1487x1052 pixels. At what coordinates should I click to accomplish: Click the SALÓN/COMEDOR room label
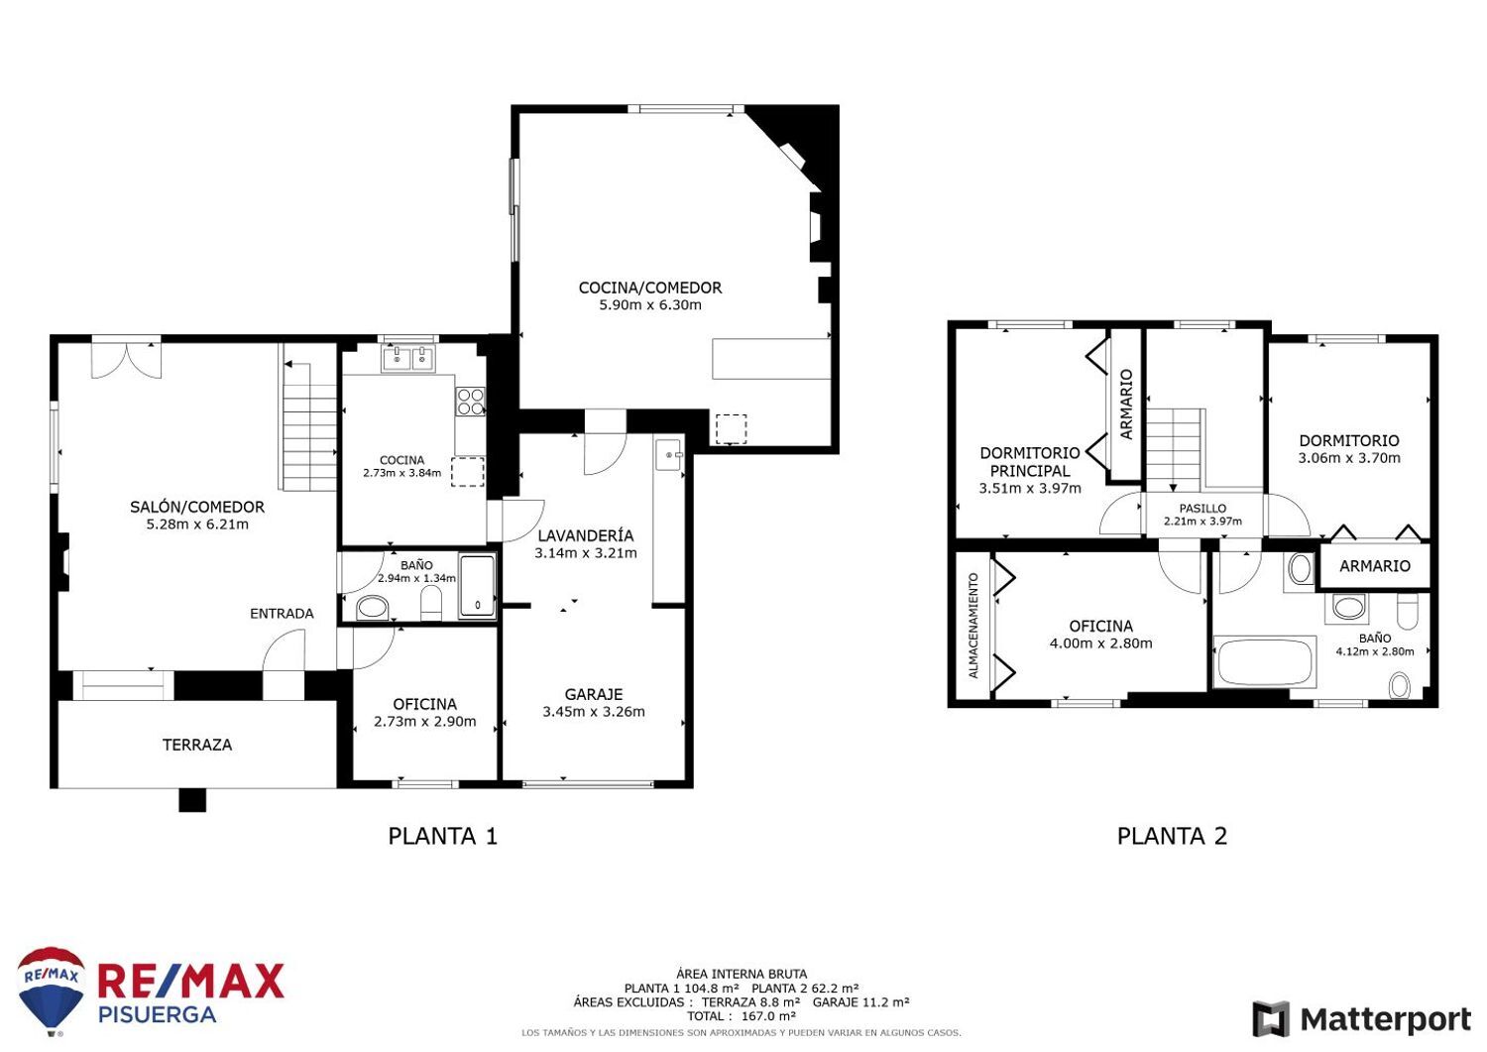pyautogui.click(x=196, y=507)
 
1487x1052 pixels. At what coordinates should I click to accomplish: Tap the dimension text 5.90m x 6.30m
pyautogui.click(x=649, y=305)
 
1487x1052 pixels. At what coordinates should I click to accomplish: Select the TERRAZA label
pyautogui.click(x=197, y=745)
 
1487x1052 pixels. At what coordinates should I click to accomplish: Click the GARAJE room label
pyautogui.click(x=593, y=694)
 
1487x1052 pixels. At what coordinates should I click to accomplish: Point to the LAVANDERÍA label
pyautogui.click(x=585, y=535)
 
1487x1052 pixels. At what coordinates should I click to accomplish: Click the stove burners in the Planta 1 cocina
pyautogui.click(x=470, y=401)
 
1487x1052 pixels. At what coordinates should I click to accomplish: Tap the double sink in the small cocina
pyautogui.click(x=408, y=358)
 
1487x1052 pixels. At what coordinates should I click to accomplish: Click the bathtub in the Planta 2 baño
pyautogui.click(x=1264, y=662)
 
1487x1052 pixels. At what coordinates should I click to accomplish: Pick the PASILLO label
pyautogui.click(x=1201, y=508)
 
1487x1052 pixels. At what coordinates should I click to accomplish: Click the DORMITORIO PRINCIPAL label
pyautogui.click(x=1029, y=462)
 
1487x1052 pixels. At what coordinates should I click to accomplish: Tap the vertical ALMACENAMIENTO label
pyautogui.click(x=972, y=625)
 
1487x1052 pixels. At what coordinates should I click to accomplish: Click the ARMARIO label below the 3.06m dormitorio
pyautogui.click(x=1374, y=566)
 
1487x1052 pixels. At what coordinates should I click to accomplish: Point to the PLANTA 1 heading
pyautogui.click(x=442, y=836)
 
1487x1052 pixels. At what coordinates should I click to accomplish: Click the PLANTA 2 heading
pyautogui.click(x=1172, y=836)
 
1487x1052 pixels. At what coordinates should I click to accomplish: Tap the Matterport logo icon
pyautogui.click(x=1270, y=1019)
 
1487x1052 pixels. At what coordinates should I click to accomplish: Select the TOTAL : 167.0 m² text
pyautogui.click(x=742, y=1016)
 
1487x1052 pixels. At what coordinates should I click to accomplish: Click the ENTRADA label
pyautogui.click(x=282, y=614)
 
